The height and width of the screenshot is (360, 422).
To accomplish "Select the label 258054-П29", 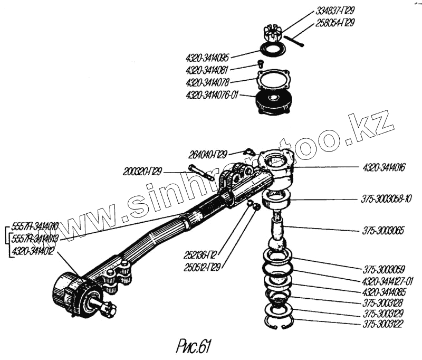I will (x=335, y=23).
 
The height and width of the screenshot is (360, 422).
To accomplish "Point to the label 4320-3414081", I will (x=208, y=70).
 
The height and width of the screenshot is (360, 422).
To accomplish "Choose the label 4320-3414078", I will (x=208, y=83).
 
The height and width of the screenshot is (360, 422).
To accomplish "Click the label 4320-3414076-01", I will (x=213, y=96).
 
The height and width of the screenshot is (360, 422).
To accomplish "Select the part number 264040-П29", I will (x=208, y=155).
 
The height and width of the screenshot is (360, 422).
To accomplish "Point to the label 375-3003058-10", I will (x=387, y=198).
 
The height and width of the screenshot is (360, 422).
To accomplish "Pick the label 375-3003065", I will (x=384, y=231).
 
